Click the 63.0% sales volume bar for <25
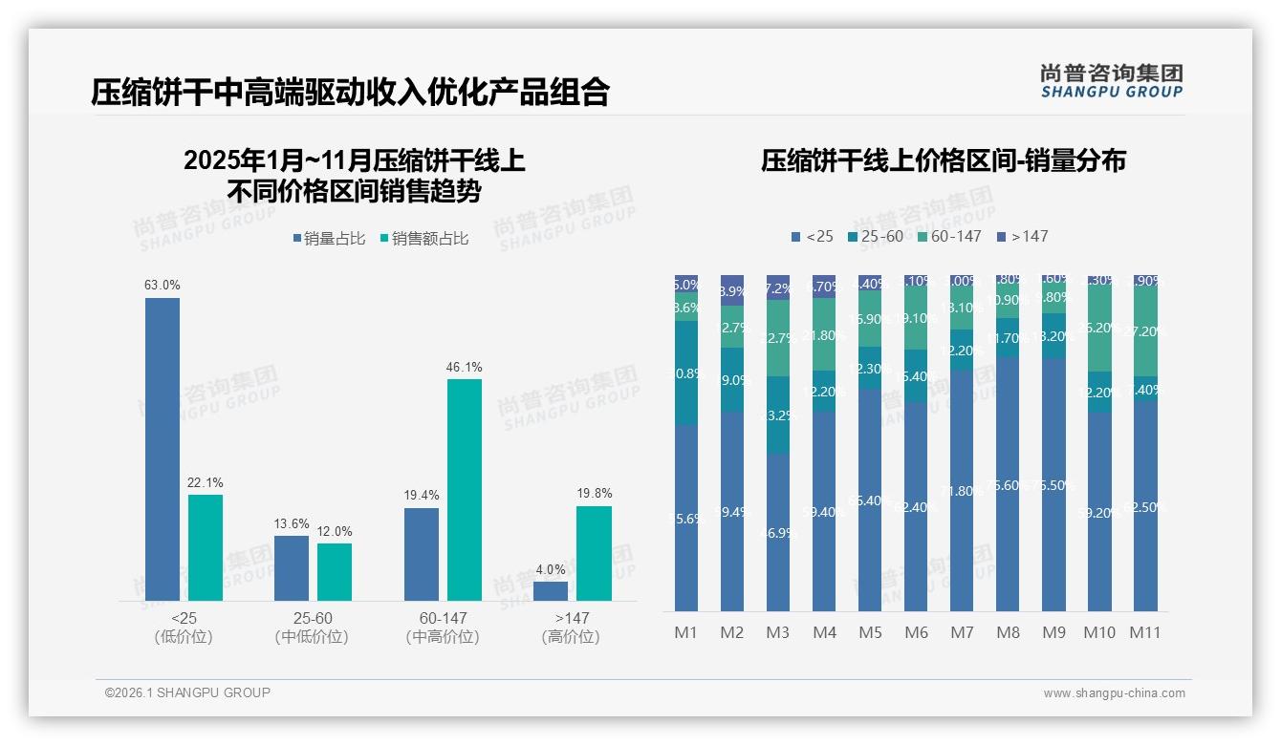[x=163, y=449]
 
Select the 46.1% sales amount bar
[x=465, y=489]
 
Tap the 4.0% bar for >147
[x=551, y=591]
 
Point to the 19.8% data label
[x=595, y=494]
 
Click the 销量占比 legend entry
[x=328, y=239]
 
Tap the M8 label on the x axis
[x=1008, y=632]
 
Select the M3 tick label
[x=778, y=632]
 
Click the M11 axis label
[x=1145, y=632]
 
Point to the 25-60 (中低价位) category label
[x=312, y=628]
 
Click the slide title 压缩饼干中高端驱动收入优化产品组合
[x=350, y=92]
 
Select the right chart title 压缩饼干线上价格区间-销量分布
[x=943, y=160]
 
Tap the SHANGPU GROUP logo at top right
[x=1111, y=81]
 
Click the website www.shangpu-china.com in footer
[x=1114, y=693]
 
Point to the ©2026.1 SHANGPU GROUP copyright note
[x=187, y=692]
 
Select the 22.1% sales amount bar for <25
[x=206, y=547]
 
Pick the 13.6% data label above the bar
[x=292, y=524]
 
